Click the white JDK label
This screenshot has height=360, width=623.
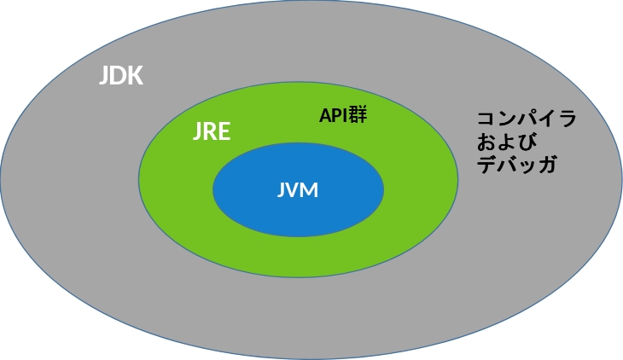coord(121,75)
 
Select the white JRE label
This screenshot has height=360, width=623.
coord(212,131)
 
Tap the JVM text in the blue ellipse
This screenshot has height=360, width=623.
coord(298,190)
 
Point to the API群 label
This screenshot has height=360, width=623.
coord(343,115)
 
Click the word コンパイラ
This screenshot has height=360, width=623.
coord(527,119)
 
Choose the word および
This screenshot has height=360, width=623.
coord(507,142)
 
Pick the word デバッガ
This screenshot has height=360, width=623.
coord(516,164)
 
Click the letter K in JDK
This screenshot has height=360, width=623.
coord(136,75)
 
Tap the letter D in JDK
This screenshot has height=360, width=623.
coord(118,75)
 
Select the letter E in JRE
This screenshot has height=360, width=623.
coord(224,131)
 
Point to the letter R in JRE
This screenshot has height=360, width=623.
coord(210,131)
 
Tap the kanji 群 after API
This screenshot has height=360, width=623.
coord(358,115)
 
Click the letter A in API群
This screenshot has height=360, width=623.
coord(325,116)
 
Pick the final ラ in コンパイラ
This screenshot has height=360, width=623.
coord(567,119)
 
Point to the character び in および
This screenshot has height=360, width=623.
coord(527,142)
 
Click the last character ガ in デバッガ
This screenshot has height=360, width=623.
coord(547,164)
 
